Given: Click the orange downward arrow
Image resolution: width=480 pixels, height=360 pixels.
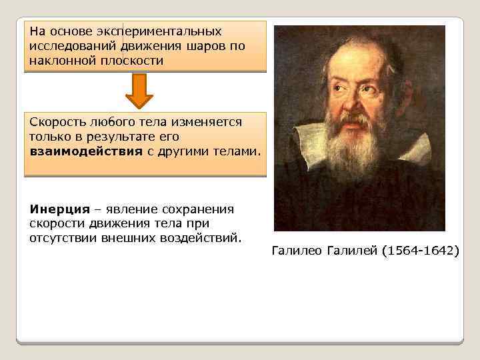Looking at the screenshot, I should pyautogui.click(x=139, y=91).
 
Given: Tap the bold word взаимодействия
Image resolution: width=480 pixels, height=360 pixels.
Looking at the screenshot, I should pyautogui.click(x=86, y=151).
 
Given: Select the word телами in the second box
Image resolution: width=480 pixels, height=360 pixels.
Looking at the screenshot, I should pyautogui.click(x=235, y=151).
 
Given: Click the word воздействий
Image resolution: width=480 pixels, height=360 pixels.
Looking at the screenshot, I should pyautogui.click(x=201, y=237).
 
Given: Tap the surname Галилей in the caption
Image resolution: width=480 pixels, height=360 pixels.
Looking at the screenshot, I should pyautogui.click(x=352, y=251).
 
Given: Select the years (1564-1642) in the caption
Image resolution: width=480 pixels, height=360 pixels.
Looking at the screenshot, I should pyautogui.click(x=421, y=251).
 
